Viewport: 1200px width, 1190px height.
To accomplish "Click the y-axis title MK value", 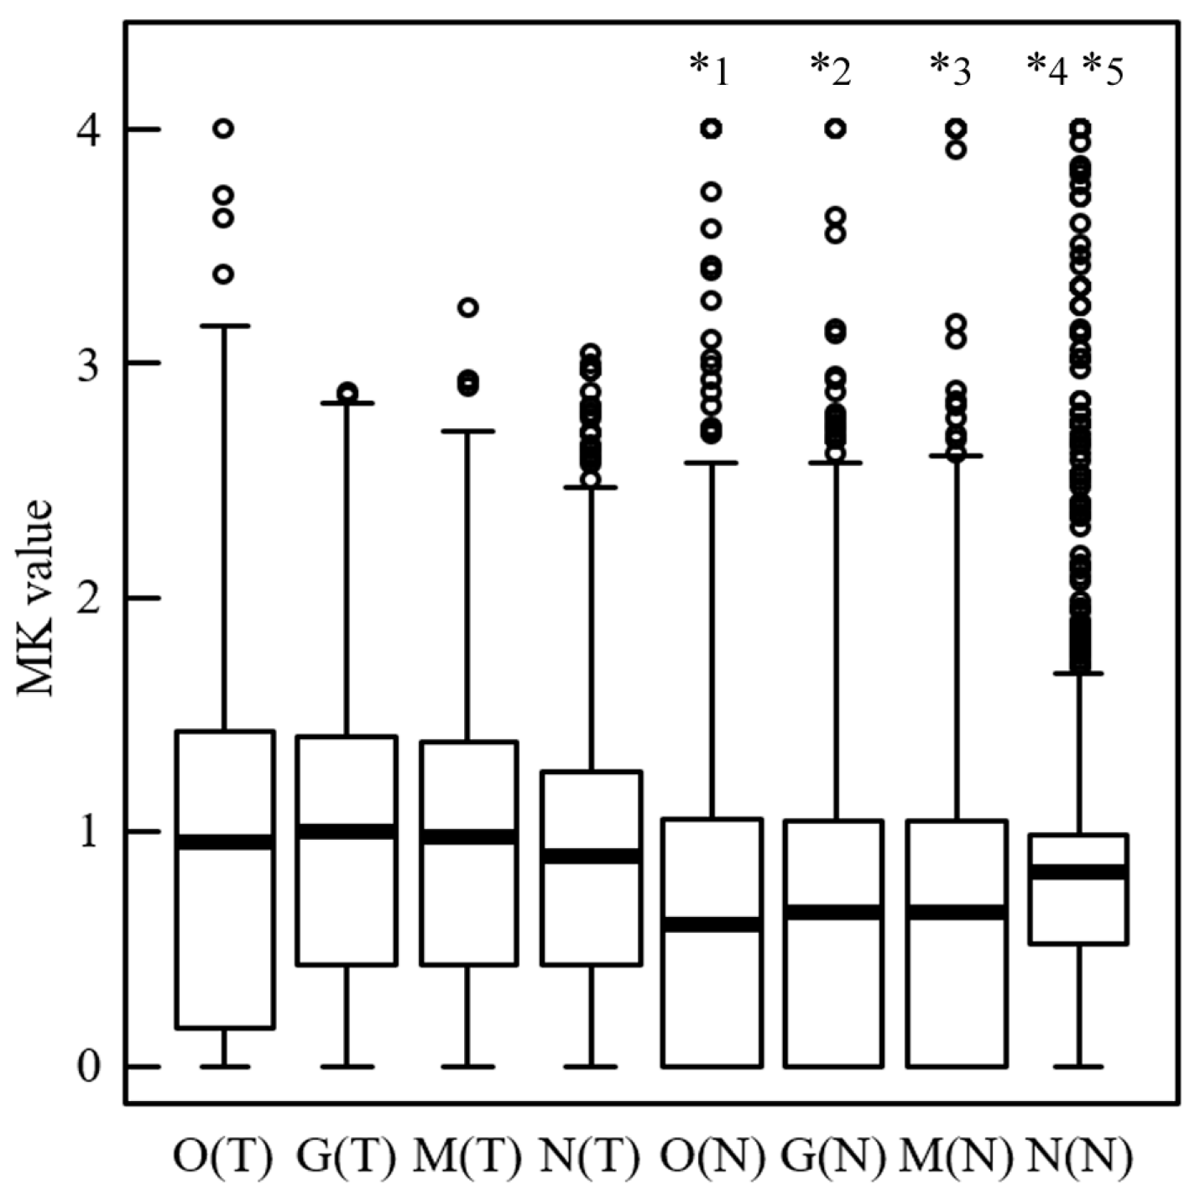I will [x=35, y=597].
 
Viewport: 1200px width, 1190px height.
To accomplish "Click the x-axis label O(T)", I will [x=222, y=1156].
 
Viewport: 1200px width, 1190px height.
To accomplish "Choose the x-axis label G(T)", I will [x=346, y=1156].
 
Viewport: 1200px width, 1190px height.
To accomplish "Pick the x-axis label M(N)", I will [x=956, y=1156].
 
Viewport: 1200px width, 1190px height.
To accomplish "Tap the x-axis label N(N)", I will [x=1079, y=1156].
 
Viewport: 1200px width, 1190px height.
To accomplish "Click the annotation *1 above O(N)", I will [x=709, y=71].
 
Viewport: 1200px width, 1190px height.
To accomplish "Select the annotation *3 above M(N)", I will [x=952, y=71].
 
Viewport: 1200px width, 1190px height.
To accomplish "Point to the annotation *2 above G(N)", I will [x=831, y=71].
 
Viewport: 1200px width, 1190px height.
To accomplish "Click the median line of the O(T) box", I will [x=224, y=842].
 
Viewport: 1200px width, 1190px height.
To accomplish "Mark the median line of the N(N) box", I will [x=1077, y=872].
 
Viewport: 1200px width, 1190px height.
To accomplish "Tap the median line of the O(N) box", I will [x=712, y=924].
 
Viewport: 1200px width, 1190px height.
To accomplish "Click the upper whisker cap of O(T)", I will [x=224, y=326].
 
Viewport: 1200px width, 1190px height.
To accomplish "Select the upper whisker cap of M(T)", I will [x=468, y=431].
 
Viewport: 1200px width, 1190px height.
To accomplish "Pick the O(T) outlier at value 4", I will [x=223, y=128].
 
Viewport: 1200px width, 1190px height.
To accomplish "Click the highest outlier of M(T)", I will [x=468, y=307].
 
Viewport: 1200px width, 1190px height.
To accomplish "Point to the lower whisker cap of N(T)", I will [x=591, y=1067].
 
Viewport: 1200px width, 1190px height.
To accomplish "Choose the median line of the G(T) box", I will [x=347, y=831].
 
